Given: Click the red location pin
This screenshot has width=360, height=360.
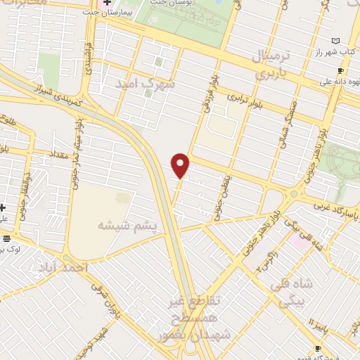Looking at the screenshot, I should [x=181, y=166].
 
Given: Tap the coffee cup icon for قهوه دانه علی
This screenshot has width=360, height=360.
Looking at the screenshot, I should [x=340, y=70].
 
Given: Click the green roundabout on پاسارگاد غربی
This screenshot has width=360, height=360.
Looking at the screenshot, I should [x=294, y=193].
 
